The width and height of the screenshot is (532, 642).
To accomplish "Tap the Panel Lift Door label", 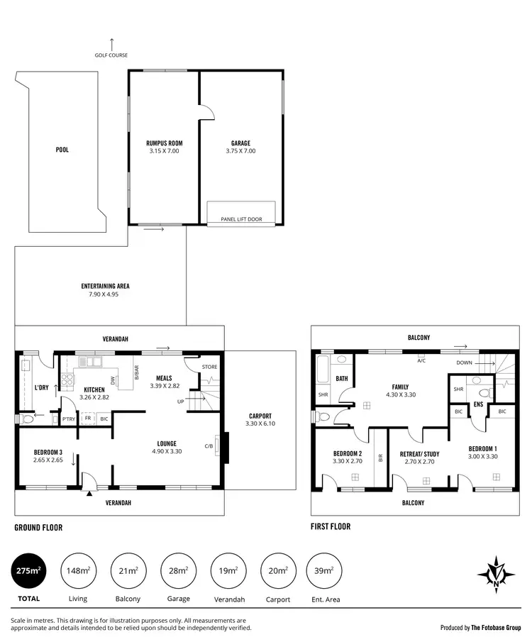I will tap(241, 219).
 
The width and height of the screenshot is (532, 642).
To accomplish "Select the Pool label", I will tap(62, 150).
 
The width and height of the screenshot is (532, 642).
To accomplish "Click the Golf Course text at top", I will tap(111, 55).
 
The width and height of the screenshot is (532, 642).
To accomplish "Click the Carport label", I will tap(260, 416).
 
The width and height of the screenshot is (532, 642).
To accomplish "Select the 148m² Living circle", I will tap(78, 570).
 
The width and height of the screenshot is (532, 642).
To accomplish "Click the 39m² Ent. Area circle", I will tap(323, 570).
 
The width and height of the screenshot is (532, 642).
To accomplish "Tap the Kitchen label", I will tap(94, 389).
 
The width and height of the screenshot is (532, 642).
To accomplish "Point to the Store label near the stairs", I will tap(209, 367).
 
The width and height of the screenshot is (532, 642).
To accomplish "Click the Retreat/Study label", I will tap(419, 454).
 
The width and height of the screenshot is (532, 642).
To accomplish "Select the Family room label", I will tap(401, 387).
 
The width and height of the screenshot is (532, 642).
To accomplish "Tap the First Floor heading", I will tap(331, 527).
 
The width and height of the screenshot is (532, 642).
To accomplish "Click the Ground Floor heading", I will tap(38, 528).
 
